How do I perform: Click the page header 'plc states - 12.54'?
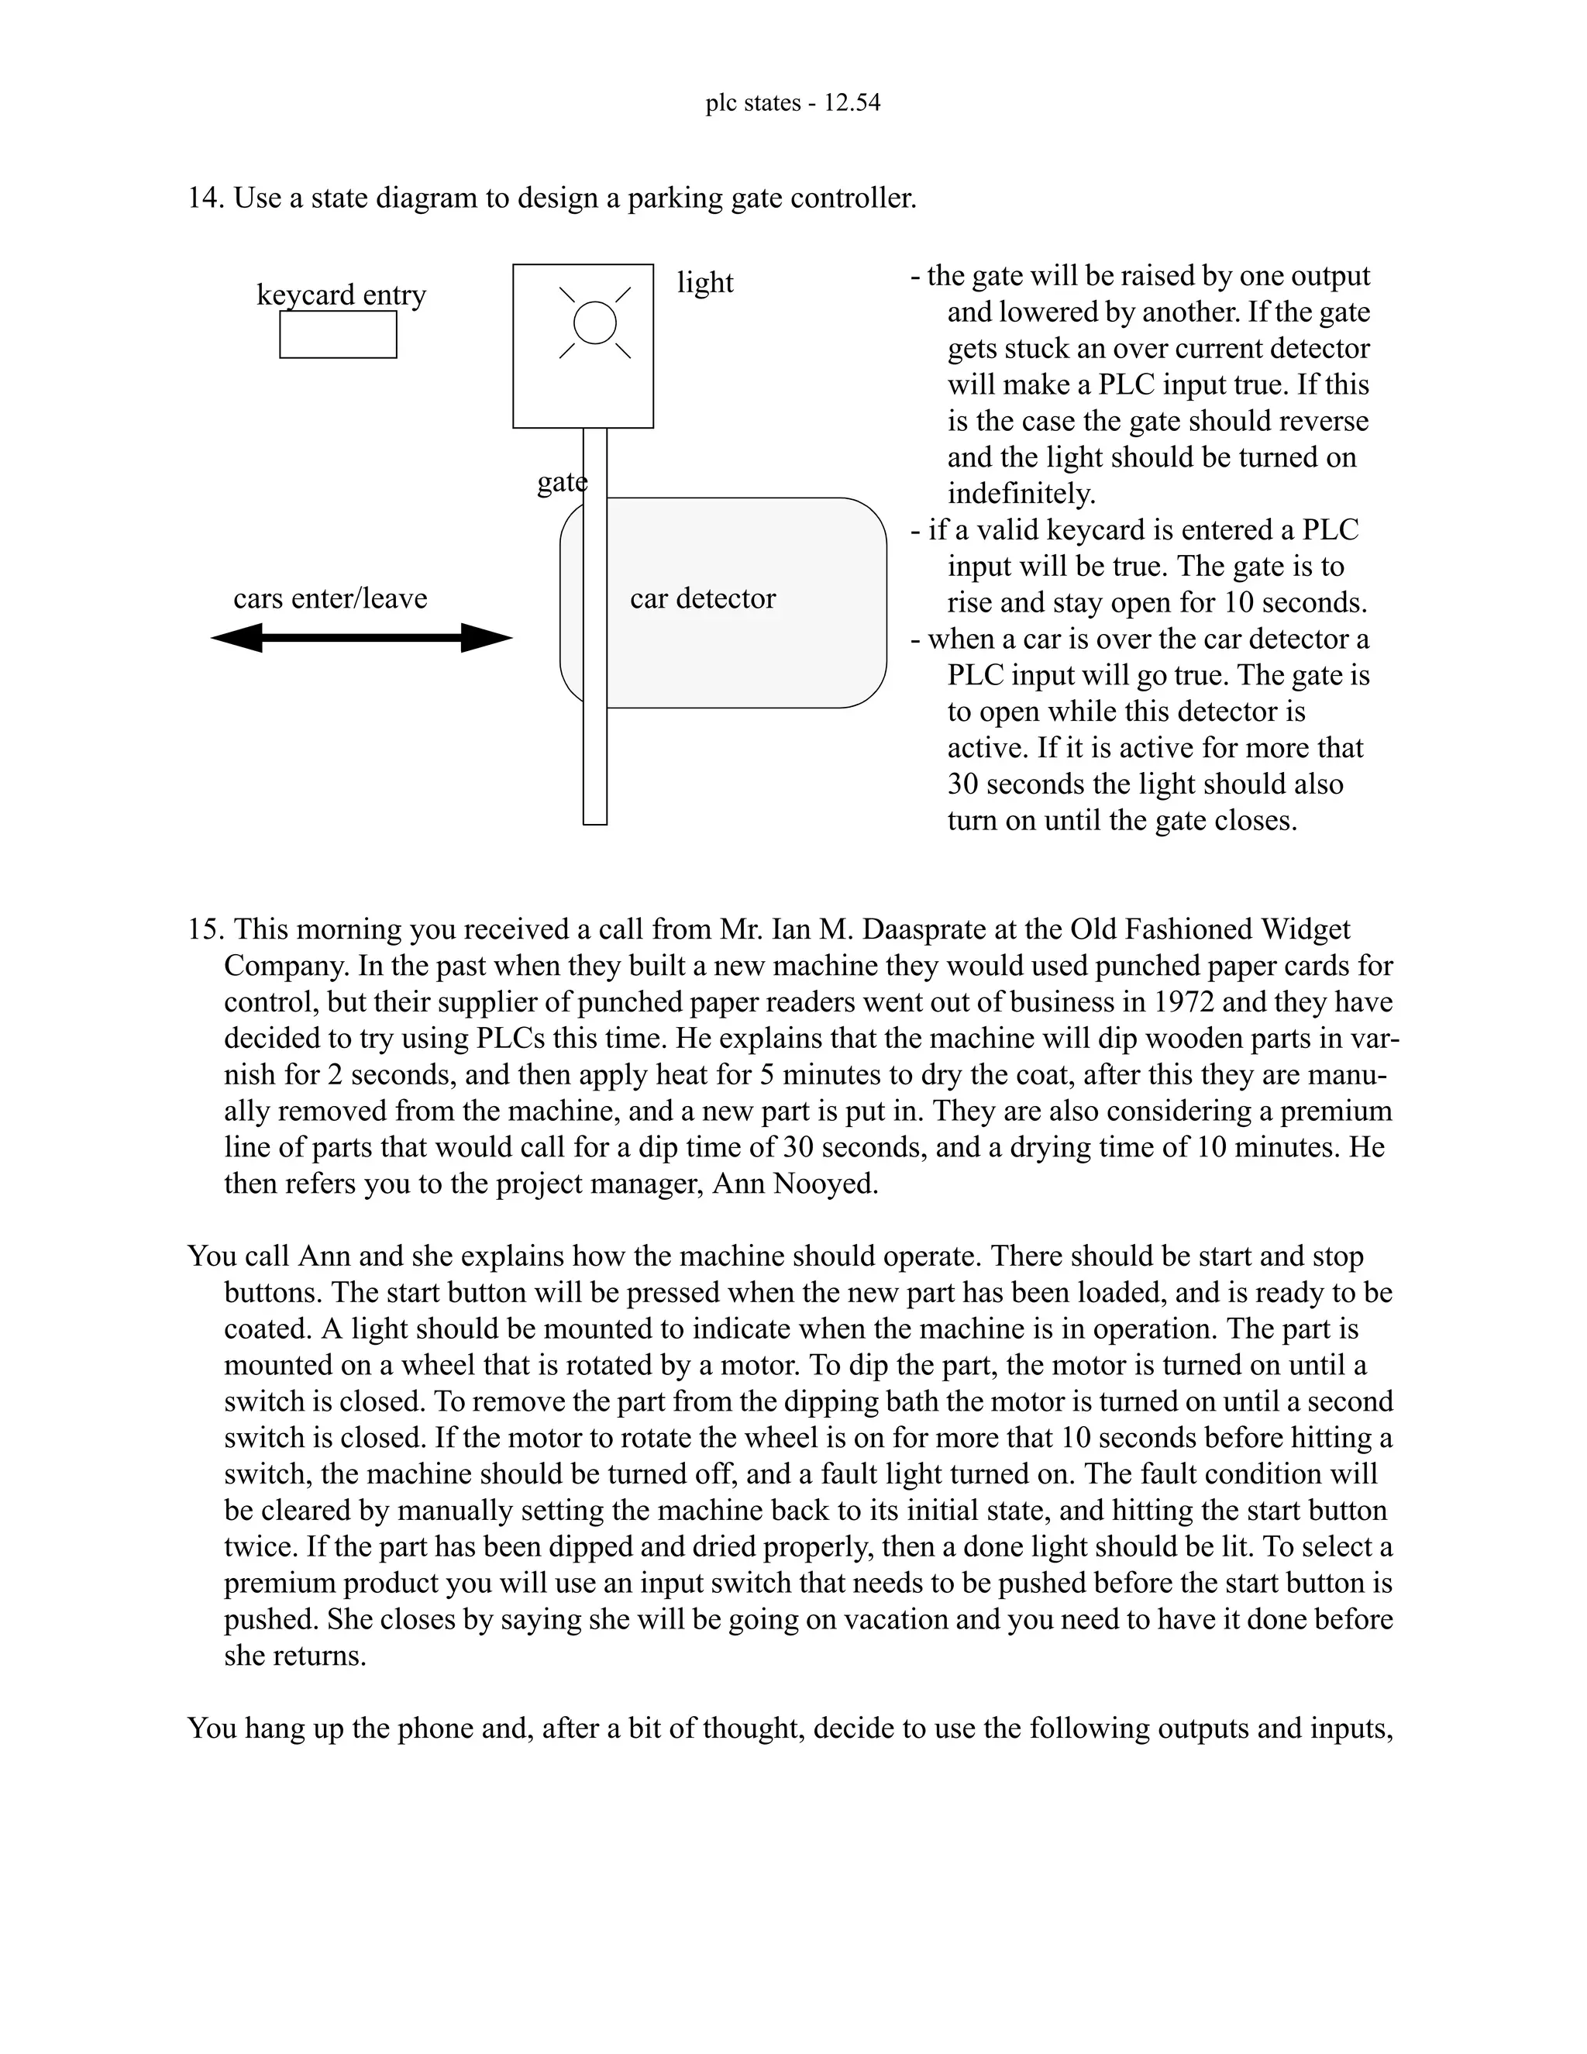coord(793,102)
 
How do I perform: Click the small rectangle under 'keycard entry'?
coord(338,335)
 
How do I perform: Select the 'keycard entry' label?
coord(341,295)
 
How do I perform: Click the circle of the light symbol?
coord(594,322)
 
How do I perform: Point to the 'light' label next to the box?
coord(705,282)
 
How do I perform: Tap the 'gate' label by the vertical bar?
coord(561,482)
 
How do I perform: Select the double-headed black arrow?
coord(361,638)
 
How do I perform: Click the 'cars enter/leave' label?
coord(330,598)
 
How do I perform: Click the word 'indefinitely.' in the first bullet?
coord(1021,494)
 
